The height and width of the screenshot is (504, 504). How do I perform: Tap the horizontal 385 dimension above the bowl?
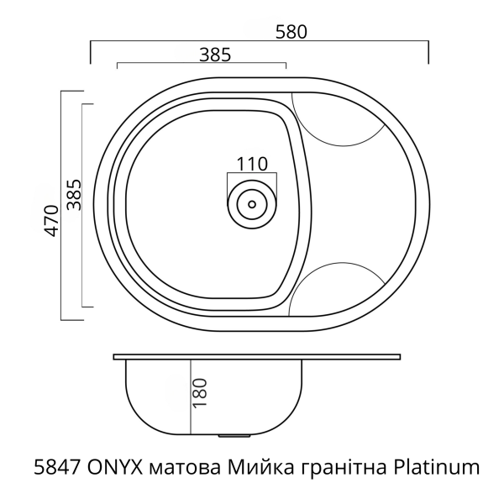tap(216, 55)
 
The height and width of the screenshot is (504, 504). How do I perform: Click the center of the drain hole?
tap(249, 202)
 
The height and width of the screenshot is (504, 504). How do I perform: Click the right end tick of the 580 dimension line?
tap(428, 50)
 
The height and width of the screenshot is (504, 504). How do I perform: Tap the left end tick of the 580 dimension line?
tap(90, 50)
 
